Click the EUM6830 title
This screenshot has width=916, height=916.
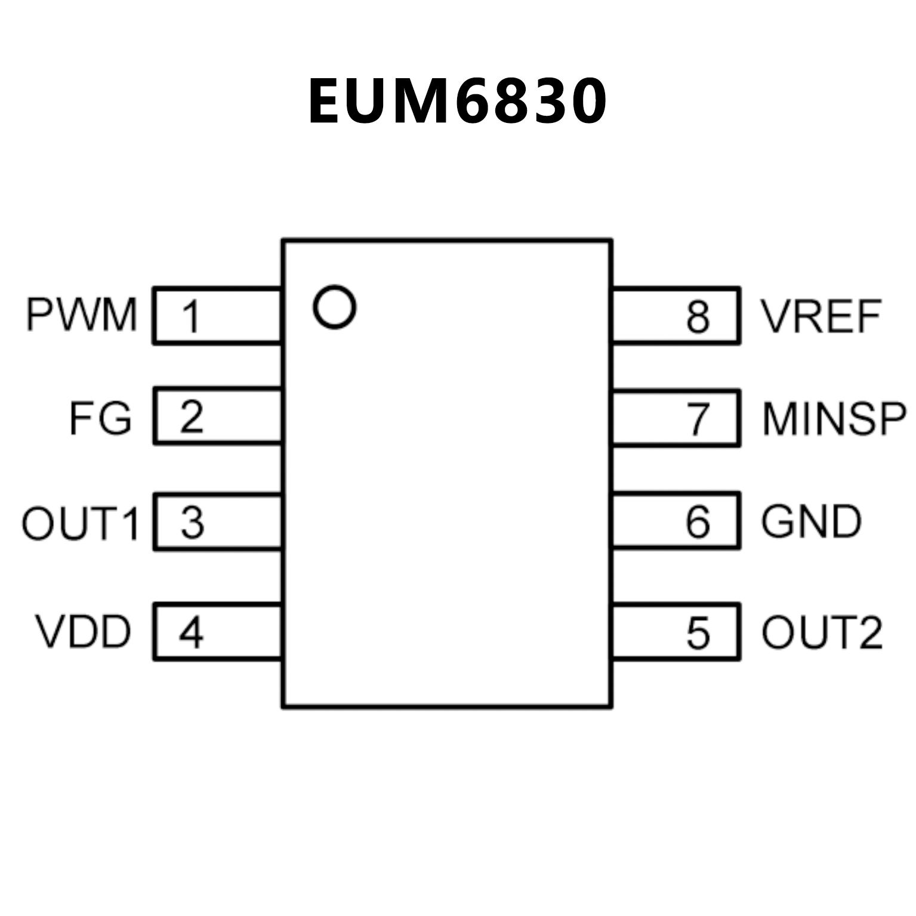click(457, 101)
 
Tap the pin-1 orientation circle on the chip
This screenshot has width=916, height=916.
click(334, 307)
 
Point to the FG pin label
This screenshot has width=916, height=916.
click(100, 418)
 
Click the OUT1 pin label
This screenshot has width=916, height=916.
click(81, 523)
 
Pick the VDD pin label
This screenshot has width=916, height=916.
click(84, 632)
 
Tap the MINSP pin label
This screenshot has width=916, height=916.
click(834, 419)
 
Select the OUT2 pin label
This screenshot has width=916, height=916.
click(822, 632)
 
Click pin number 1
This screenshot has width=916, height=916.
click(191, 316)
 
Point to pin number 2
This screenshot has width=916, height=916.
click(192, 417)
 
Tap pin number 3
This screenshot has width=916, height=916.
click(192, 523)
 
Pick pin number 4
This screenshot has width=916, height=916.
click(191, 633)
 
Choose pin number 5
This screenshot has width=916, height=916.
click(698, 633)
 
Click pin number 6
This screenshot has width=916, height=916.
click(698, 522)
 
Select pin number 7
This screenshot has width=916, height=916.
click(698, 419)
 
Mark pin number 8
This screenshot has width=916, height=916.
click(698, 316)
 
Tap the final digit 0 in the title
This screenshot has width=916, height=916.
click(585, 101)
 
